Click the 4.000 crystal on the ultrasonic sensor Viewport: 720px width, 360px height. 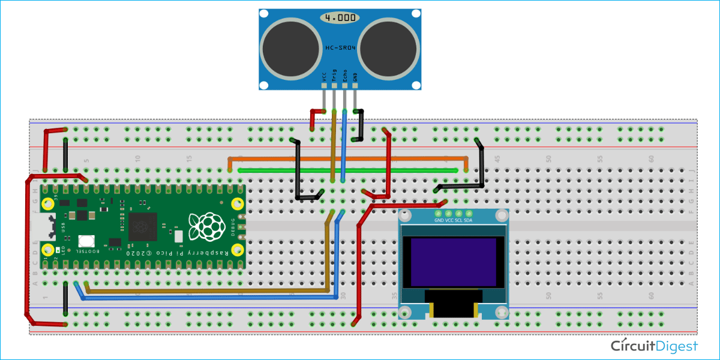[x=340, y=18]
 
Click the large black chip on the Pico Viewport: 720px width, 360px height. [x=143, y=227]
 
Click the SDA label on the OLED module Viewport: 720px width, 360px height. [x=468, y=220]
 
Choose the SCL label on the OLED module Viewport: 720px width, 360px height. [x=458, y=220]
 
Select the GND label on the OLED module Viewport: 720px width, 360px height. [x=439, y=220]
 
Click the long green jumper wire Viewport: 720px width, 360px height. [x=348, y=170]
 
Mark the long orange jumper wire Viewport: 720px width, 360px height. [x=348, y=158]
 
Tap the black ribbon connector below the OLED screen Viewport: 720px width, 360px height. [x=454, y=307]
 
